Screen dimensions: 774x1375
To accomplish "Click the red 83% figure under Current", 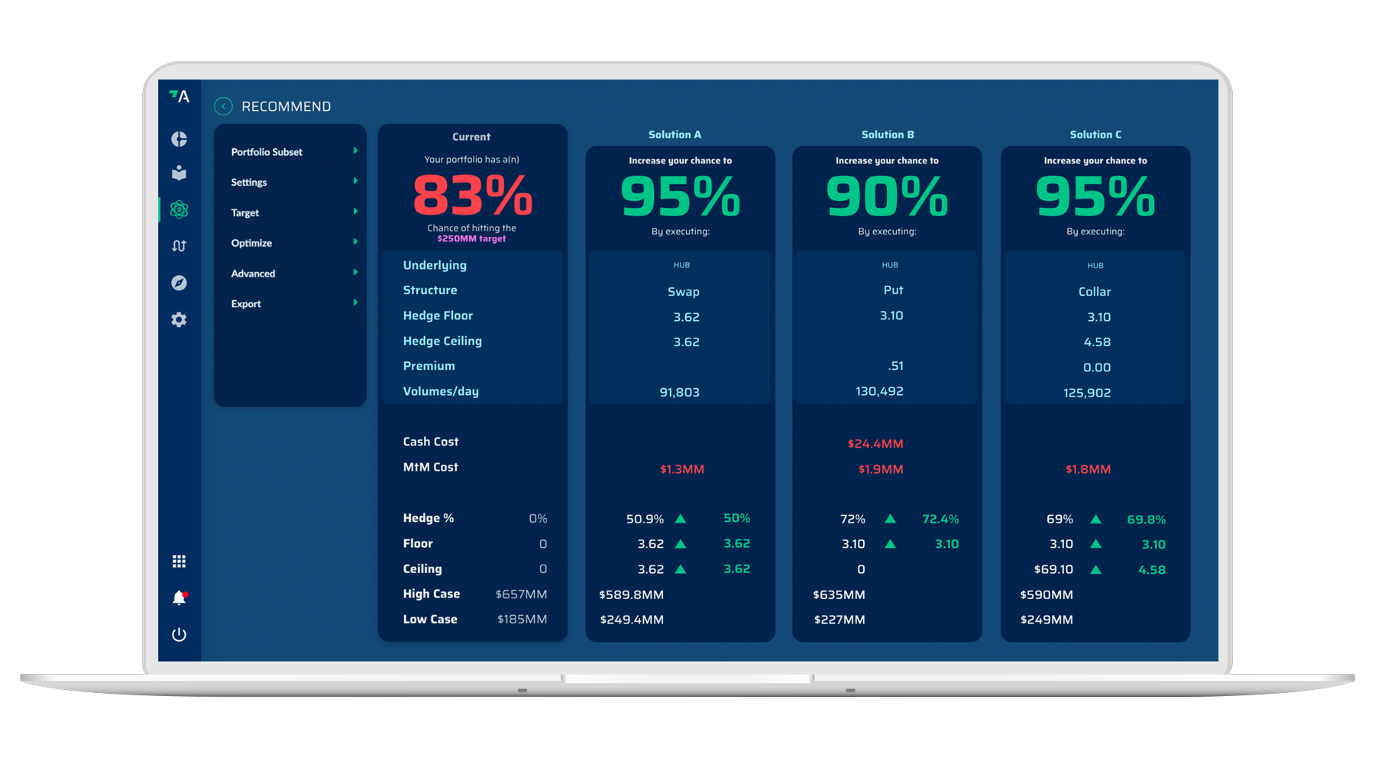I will click(472, 196).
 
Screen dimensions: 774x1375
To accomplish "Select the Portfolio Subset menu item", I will click(267, 152).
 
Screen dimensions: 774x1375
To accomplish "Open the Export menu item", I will click(246, 304).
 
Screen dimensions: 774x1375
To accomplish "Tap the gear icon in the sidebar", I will click(179, 320).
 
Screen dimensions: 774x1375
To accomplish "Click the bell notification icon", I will click(179, 598).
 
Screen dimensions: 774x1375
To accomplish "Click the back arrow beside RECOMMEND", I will click(223, 106).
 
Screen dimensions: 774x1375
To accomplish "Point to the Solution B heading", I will click(888, 134).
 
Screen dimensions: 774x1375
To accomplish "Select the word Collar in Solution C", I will click(1094, 292).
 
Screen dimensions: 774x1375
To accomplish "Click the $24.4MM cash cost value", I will click(875, 444).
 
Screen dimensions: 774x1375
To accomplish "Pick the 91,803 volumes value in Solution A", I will click(679, 393).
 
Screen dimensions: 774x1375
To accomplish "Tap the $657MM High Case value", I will click(521, 594).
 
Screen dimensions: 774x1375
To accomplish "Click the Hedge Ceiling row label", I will click(442, 341).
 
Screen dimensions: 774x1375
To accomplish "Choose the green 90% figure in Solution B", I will click(887, 196).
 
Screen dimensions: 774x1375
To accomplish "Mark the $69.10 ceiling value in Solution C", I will click(1053, 570).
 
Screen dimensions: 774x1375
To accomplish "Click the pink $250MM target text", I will click(471, 239).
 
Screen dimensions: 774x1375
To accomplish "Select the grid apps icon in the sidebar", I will click(179, 562).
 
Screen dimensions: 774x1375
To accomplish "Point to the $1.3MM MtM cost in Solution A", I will click(682, 469).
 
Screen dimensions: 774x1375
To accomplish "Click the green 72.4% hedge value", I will click(940, 520).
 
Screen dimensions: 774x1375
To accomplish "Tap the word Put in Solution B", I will click(893, 290).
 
